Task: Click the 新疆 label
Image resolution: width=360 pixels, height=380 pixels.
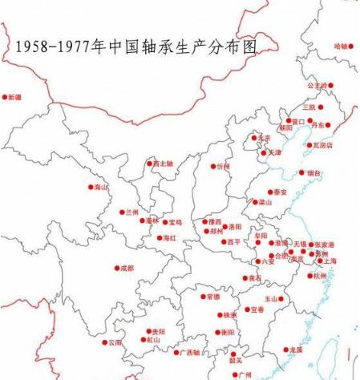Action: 15,97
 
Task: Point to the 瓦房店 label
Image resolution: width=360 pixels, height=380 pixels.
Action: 320,146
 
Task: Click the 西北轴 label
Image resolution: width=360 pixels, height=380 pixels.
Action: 163,164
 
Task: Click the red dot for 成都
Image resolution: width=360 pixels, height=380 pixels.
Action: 116,268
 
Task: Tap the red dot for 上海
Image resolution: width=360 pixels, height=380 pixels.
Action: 320,261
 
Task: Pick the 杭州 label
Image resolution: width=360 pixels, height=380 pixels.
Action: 321,276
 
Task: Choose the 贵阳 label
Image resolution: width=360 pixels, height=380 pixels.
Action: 159,331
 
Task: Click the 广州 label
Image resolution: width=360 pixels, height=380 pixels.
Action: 245,374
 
